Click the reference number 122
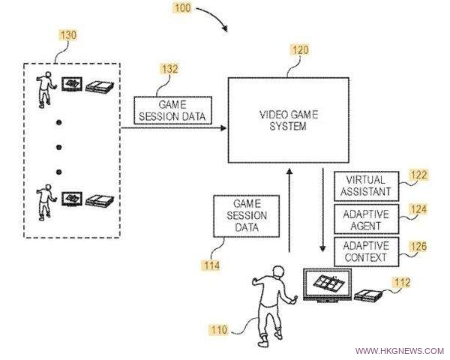[x=418, y=175]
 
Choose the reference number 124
[x=418, y=209]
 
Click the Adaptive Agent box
[x=366, y=220]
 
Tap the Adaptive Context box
[x=366, y=252]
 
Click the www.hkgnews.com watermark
[x=399, y=351]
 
